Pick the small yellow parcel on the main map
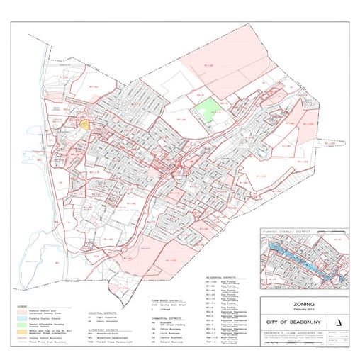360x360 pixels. tap(84, 123)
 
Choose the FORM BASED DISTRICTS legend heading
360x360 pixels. tap(166, 300)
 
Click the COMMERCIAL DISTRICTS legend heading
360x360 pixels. tap(167, 319)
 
